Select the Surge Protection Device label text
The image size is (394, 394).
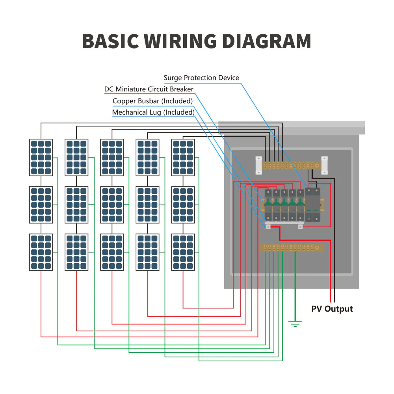201,78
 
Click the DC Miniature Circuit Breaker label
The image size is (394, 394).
149,89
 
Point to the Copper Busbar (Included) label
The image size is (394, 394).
153,101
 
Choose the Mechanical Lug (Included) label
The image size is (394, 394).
153,112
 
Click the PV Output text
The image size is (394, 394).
332,309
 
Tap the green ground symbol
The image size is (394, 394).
295,324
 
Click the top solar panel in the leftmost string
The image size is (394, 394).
41,157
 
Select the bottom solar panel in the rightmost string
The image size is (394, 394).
183,252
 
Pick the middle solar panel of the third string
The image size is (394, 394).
112,204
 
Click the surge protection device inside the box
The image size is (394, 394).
313,204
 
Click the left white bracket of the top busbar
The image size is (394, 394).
258,165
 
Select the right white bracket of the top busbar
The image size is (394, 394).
324,165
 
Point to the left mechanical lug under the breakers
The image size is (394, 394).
268,226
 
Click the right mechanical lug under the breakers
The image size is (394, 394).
300,226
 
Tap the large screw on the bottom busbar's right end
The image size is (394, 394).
318,247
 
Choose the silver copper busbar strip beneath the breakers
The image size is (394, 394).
284,223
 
